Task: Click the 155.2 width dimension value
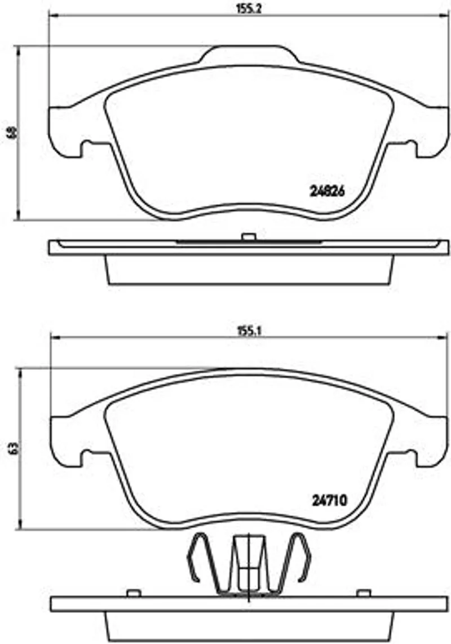point(249,9)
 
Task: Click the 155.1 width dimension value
point(249,331)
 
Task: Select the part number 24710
point(329,500)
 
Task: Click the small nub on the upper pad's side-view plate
point(249,237)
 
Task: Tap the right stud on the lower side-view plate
point(364,593)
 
